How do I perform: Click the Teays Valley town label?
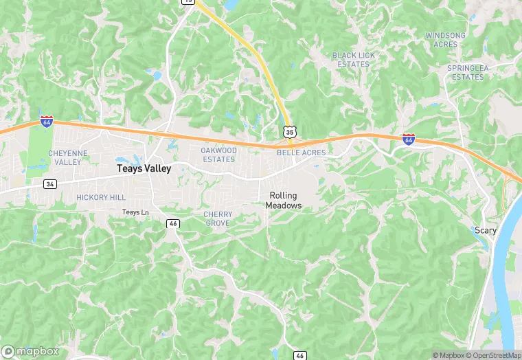point(144,168)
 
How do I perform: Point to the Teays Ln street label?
point(135,212)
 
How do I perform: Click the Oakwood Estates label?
point(218,155)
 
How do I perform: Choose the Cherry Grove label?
point(218,218)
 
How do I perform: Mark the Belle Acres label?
point(296,153)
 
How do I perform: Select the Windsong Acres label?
point(445,39)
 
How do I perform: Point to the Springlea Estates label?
point(466,73)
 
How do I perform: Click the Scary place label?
point(486,230)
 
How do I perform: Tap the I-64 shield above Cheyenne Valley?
point(46,122)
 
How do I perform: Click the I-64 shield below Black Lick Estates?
point(409,139)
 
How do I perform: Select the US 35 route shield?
point(290,131)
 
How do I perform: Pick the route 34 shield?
point(50,184)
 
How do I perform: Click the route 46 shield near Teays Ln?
point(174,223)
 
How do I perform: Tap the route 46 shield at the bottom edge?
point(300,355)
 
